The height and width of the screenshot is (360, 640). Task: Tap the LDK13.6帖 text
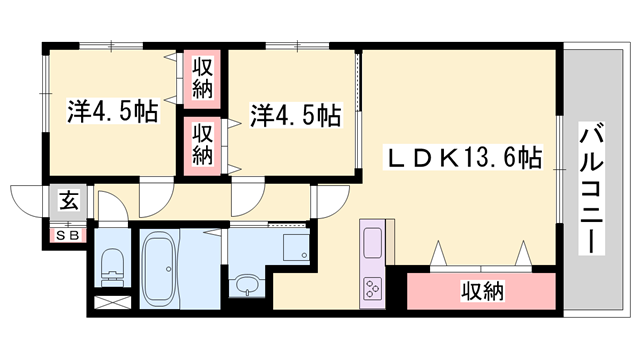pyautogui.click(x=465, y=157)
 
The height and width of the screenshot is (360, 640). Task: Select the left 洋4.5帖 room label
pyautogui.click(x=113, y=111)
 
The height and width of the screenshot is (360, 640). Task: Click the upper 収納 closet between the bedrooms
pyautogui.click(x=203, y=78)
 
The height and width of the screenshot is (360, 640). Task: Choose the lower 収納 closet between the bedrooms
pyautogui.click(x=203, y=143)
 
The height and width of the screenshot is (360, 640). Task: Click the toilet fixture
pyautogui.click(x=112, y=264)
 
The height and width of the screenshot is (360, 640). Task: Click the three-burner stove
pyautogui.click(x=373, y=288)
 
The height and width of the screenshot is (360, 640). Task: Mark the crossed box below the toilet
pyautogui.click(x=111, y=301)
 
